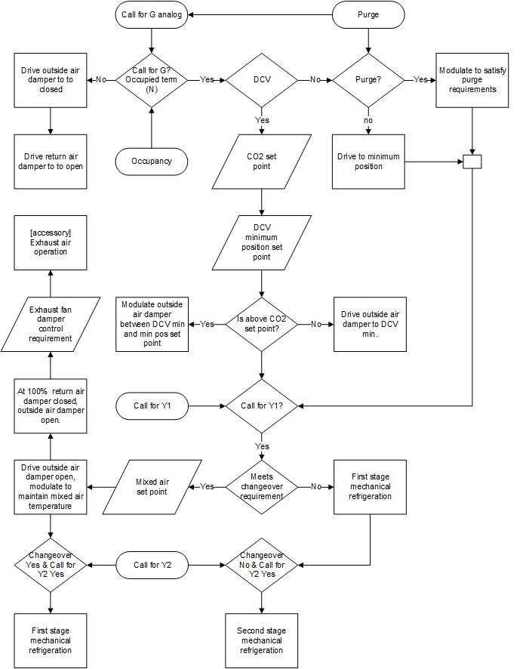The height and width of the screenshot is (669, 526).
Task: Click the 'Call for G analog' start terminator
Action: click(152, 14)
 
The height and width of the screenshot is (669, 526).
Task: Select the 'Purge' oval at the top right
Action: click(368, 14)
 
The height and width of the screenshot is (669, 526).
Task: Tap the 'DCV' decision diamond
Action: click(261, 79)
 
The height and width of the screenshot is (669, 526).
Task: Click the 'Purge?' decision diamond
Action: click(368, 79)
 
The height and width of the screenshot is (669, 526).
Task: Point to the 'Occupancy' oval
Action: click(152, 160)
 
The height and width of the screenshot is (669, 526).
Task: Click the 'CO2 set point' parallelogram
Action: click(261, 160)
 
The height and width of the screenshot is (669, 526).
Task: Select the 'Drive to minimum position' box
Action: click(368, 161)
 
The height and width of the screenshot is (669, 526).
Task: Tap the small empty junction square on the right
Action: click(472, 161)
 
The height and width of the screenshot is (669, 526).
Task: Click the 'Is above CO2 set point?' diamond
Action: click(261, 324)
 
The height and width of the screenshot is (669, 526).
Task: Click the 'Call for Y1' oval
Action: click(152, 406)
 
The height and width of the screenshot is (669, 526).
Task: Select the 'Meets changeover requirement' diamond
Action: click(261, 488)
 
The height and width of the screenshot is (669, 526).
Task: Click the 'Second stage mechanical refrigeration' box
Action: click(261, 640)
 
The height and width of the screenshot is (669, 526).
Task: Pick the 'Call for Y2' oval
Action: click(152, 564)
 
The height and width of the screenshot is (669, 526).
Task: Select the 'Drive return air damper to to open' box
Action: click(50, 160)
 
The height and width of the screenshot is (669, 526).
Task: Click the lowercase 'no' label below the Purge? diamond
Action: click(368, 119)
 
